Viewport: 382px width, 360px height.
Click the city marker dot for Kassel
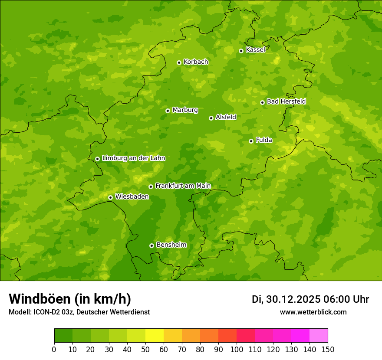click(241, 51)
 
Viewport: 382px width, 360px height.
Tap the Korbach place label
click(196, 62)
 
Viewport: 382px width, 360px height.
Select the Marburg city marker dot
click(168, 111)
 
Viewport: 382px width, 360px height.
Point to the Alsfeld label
click(226, 117)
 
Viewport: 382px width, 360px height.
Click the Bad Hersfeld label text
click(286, 101)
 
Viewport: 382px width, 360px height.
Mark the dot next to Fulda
click(251, 141)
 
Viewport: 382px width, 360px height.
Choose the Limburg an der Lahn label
click(133, 158)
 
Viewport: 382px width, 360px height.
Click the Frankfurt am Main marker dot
click(151, 187)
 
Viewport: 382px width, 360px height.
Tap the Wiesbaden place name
click(132, 197)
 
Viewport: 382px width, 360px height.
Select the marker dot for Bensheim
click(151, 245)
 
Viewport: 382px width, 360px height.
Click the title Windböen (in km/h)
click(70, 299)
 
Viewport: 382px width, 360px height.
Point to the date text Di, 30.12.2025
click(286, 299)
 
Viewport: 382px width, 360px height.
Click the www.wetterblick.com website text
click(313, 312)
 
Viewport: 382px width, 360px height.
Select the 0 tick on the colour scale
click(54, 349)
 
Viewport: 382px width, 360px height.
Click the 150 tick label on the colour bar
click(328, 349)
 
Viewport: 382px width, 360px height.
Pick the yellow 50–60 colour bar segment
click(155, 336)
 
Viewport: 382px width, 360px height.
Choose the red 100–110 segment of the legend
click(246, 336)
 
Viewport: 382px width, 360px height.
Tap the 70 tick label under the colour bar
click(182, 349)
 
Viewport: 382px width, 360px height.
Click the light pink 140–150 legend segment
click(319, 336)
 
